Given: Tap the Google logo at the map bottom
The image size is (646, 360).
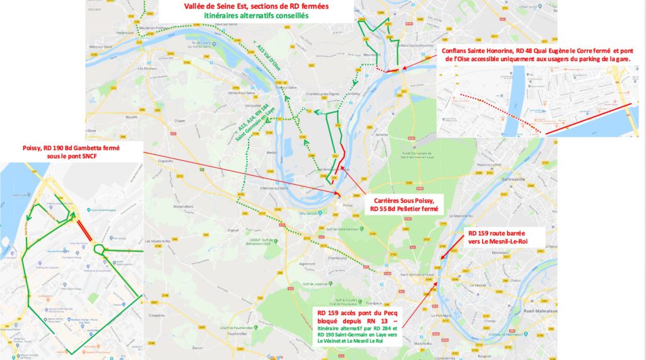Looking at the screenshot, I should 275,356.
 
